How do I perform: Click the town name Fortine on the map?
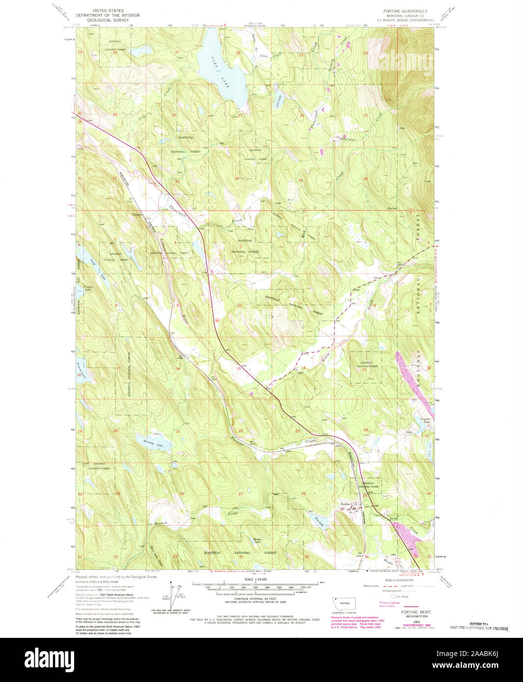click(345, 504)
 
